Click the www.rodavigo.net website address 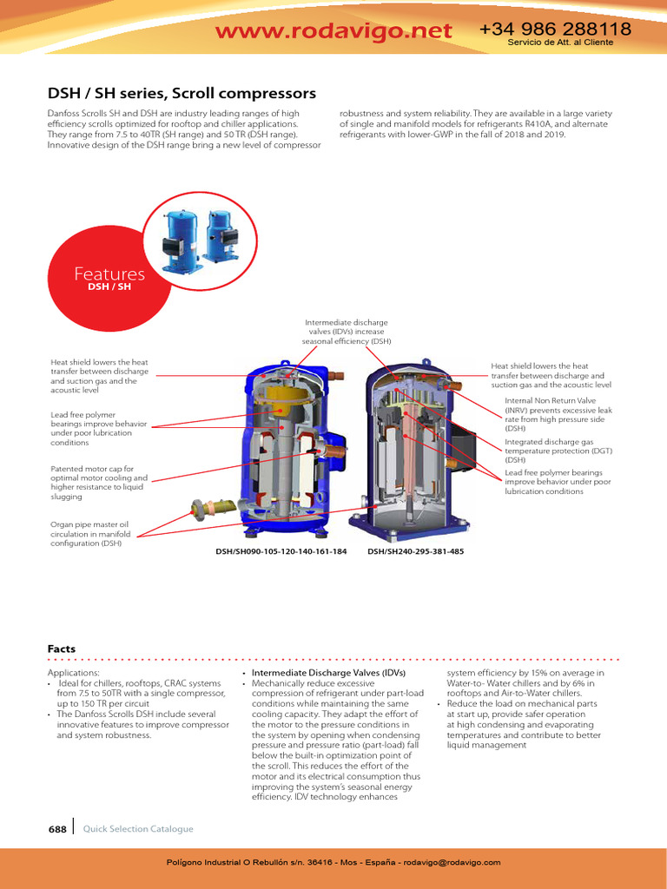coord(333,31)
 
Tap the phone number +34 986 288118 coord(555,30)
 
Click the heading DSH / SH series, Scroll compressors coord(181,93)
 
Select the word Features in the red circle coord(109,274)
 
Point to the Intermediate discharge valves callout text coord(347,332)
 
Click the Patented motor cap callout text coord(99,483)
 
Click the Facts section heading coord(61,649)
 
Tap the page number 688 coord(57,829)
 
